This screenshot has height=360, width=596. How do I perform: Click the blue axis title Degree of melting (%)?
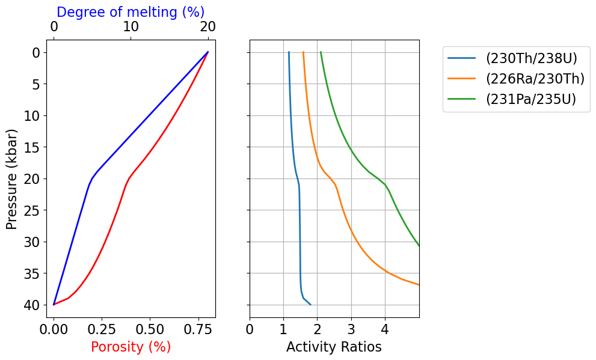131,12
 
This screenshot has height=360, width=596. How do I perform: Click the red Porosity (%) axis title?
131,347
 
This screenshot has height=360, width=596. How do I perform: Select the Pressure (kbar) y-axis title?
11,178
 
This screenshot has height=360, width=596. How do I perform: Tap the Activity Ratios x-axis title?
334,347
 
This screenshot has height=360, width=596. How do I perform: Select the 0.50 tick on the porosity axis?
150,329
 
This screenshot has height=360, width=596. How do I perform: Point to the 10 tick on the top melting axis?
131,28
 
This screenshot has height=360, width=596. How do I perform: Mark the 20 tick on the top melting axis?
207,28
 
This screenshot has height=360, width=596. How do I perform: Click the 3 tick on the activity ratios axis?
351,329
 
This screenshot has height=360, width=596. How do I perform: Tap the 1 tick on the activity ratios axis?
283,329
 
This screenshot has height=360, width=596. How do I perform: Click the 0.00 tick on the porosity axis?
54,329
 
